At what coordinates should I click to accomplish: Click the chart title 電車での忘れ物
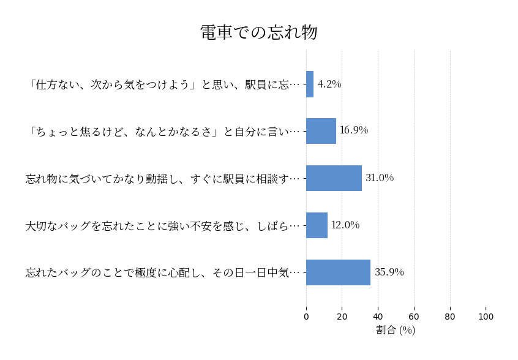pos(258,32)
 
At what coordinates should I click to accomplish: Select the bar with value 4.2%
pos(310,84)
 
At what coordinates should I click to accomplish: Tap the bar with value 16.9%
pos(321,131)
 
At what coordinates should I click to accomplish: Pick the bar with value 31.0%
pos(334,178)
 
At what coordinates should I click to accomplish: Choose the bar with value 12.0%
pos(317,225)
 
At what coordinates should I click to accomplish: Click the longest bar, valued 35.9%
pos(338,272)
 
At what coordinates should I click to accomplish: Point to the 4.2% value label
pos(329,84)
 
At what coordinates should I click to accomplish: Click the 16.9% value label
pos(354,130)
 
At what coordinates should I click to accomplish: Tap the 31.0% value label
pos(380,178)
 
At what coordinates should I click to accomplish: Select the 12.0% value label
pos(345,225)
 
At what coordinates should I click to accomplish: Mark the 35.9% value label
pos(389,272)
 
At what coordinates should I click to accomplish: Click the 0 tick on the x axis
pos(306,317)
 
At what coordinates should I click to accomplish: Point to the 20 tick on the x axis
pos(342,317)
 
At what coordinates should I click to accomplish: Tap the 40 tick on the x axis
pos(378,317)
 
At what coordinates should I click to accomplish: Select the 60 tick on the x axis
pos(414,317)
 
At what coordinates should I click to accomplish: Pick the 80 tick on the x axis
pos(450,317)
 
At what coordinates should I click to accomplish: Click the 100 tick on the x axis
pos(486,317)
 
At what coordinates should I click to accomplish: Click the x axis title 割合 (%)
pos(396,331)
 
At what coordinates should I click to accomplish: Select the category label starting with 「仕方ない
pos(163,84)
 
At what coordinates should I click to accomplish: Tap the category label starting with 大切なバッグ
pos(162,225)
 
